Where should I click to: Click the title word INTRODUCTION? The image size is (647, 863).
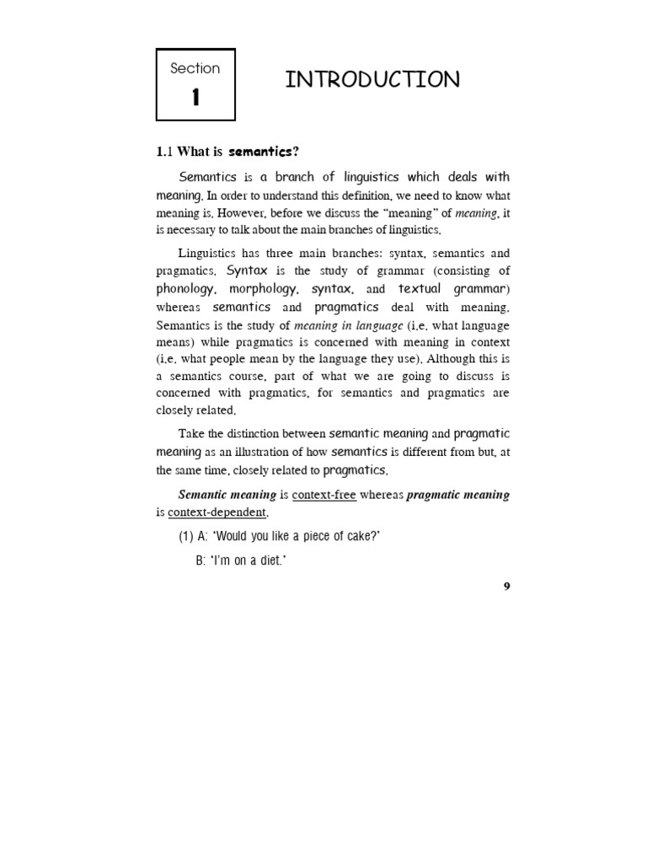click(x=372, y=80)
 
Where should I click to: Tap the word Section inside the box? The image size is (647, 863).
click(x=195, y=68)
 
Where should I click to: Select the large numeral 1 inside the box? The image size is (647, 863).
click(x=195, y=98)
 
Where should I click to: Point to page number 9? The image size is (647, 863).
click(x=506, y=587)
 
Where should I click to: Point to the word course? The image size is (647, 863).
click(x=260, y=377)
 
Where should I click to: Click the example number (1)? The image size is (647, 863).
click(x=186, y=538)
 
